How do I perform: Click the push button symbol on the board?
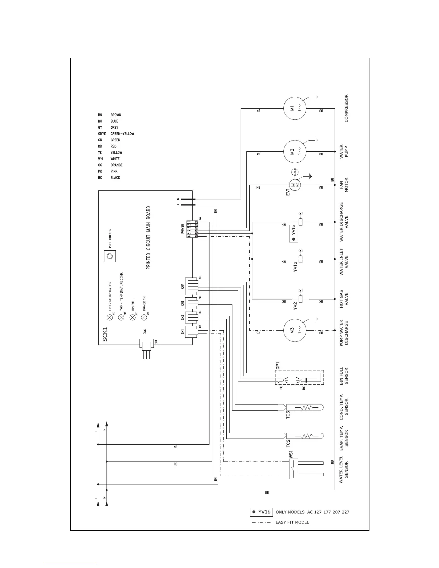coord(110,256)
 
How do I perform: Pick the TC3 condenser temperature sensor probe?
coord(304,407)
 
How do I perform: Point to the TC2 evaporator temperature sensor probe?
coord(304,436)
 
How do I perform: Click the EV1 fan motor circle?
coord(294,185)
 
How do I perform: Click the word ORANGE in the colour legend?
coord(117,165)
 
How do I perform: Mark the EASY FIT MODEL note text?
coord(292,522)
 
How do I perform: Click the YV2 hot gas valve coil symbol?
coord(301,298)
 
